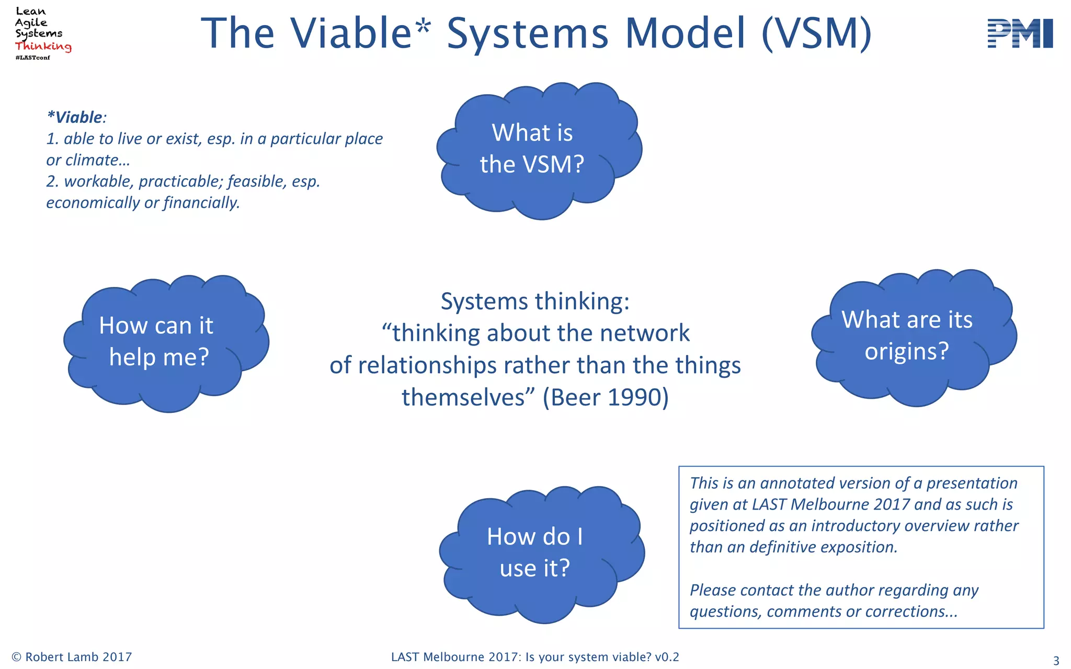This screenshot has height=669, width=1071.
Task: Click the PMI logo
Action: coord(1020,33)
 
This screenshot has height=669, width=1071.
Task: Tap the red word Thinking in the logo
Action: coord(43,46)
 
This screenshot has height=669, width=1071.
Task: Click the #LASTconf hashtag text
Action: coord(32,57)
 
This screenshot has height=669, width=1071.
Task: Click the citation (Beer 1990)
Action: coord(606,397)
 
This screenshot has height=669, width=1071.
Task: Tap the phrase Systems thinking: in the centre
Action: coord(535,302)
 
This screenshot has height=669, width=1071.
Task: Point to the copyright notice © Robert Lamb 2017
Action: coord(72,657)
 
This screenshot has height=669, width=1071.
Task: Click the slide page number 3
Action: coord(1056,661)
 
